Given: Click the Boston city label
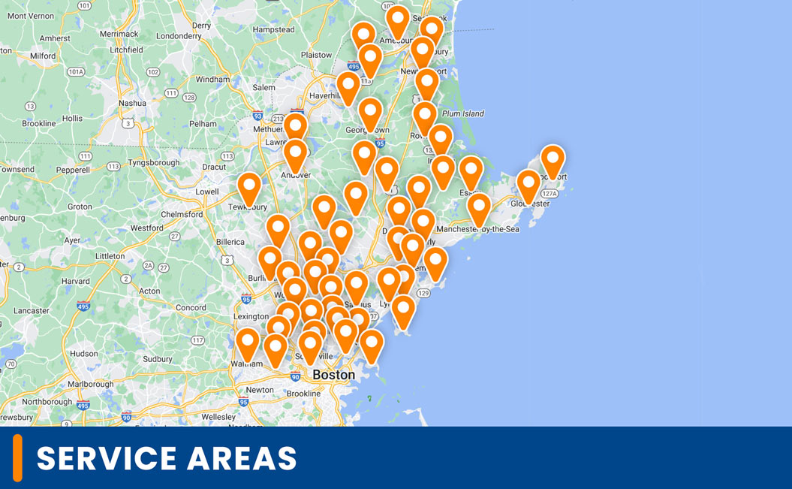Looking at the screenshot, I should pyautogui.click(x=333, y=375).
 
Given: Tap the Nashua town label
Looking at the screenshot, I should pyautogui.click(x=132, y=103).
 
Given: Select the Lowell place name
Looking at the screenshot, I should pyautogui.click(x=206, y=192).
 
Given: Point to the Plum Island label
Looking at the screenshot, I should pyautogui.click(x=463, y=113).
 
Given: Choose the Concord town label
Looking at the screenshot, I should pyautogui.click(x=191, y=307).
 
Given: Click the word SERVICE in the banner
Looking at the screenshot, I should pyautogui.click(x=107, y=458).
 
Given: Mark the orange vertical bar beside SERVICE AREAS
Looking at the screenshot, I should pyautogui.click(x=17, y=457).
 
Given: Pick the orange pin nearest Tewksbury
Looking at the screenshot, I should pyautogui.click(x=249, y=187).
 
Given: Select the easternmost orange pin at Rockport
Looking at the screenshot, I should pyautogui.click(x=553, y=159).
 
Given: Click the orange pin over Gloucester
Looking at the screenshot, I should pyautogui.click(x=529, y=184).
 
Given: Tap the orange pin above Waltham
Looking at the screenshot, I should pyautogui.click(x=248, y=343).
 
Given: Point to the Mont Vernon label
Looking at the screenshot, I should pyautogui.click(x=26, y=16).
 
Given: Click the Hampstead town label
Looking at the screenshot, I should pyautogui.click(x=274, y=29).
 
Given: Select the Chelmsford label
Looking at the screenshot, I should pyautogui.click(x=182, y=214).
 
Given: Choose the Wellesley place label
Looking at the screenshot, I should pyautogui.click(x=218, y=417).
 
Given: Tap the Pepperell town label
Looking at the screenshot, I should pyautogui.click(x=73, y=170).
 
